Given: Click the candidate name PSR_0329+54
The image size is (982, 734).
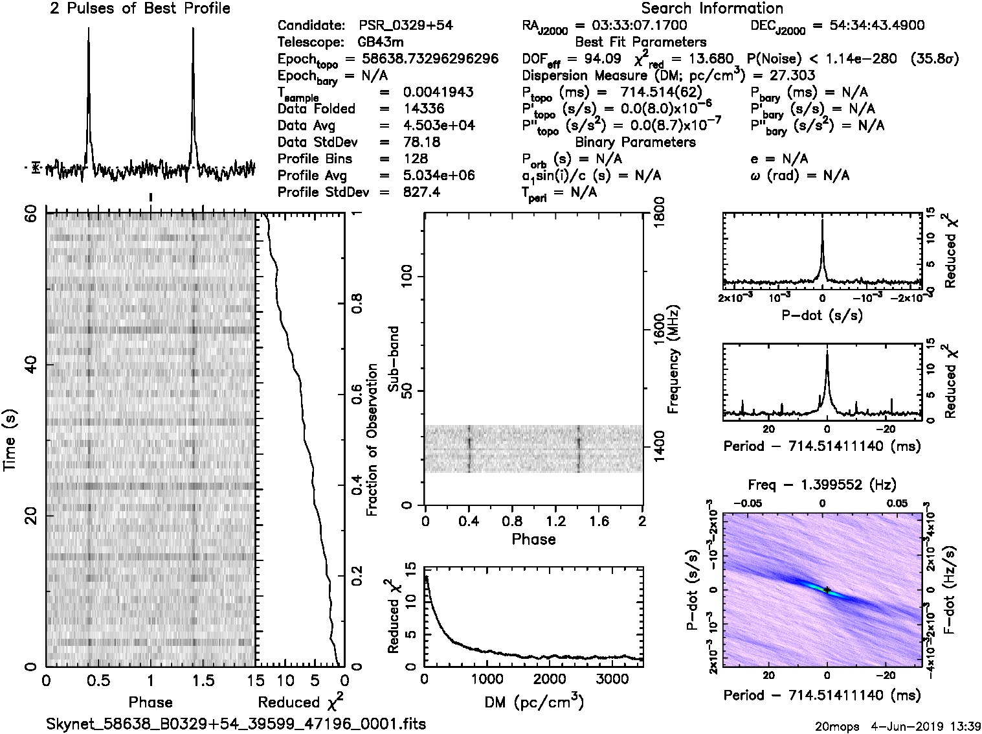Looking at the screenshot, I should pos(405,26).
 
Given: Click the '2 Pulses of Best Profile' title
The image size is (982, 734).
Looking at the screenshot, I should pos(140,8).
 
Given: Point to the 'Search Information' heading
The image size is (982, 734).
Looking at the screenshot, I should pos(711,8).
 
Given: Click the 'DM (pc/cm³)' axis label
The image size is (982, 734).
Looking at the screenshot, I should pos(533,702).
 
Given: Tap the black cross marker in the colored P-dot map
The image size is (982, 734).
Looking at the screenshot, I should pos(827,590).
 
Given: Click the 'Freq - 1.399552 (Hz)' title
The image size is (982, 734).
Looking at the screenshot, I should pos(822,485).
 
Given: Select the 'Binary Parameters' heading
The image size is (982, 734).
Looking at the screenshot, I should pos(635,142).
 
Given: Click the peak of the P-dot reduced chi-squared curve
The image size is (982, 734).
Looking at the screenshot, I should pos(822,220).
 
